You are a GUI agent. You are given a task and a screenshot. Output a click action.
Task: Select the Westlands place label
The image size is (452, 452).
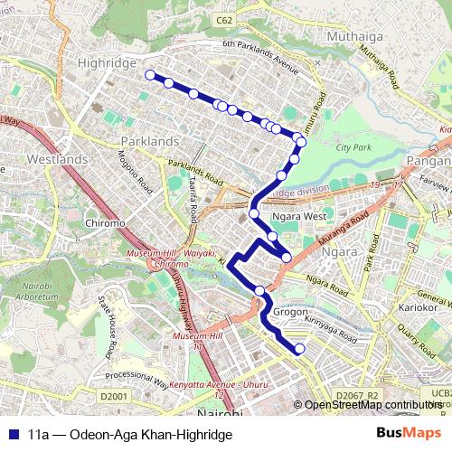pos(58,159)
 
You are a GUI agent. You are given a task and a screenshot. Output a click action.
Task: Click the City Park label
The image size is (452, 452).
pos(353,146)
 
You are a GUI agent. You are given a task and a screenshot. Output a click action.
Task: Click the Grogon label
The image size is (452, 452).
pos(290,312)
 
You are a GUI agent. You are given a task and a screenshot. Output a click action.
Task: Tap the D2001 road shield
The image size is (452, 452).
pos(115,396)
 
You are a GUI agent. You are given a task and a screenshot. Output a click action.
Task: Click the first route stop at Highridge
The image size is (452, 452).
pos(150,75)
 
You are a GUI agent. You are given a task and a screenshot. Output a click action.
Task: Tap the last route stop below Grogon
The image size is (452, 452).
pos(299,349)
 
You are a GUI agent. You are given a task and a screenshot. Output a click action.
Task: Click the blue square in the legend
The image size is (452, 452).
pos(14,434)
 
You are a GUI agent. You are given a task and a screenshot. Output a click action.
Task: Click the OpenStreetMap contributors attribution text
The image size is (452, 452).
pos(372,405)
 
